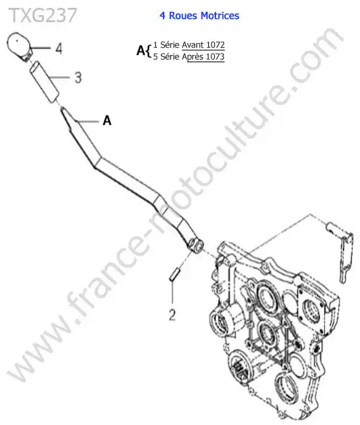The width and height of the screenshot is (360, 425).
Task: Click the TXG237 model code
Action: tap(43, 15)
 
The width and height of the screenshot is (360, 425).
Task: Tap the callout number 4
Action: tap(59, 49)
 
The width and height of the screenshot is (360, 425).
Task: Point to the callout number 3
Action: tap(78, 78)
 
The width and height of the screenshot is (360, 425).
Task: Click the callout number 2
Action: tap(172, 315)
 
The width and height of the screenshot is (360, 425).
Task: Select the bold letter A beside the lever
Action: tap(107, 120)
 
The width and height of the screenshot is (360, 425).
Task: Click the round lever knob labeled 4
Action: tap(19, 46)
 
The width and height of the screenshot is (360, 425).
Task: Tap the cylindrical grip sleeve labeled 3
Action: tap(45, 82)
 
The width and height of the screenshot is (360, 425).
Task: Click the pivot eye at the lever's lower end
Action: tap(196, 245)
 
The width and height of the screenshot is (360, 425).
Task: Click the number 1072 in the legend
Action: tap(215, 44)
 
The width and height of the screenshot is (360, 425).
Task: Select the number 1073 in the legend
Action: tap(215, 57)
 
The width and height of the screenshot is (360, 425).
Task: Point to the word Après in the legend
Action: tap(192, 57)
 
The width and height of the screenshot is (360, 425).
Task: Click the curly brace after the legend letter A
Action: tap(148, 51)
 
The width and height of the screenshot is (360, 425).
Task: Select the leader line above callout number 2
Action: tap(173, 292)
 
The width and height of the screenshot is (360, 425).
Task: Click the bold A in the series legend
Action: tap(141, 50)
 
